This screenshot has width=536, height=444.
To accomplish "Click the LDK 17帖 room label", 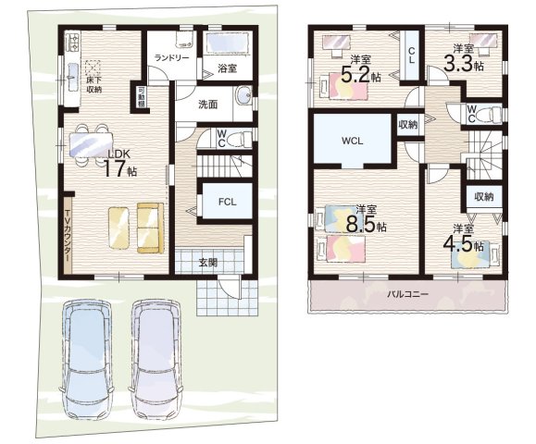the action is [x=119, y=163].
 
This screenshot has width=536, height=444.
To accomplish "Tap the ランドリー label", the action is [x=171, y=57].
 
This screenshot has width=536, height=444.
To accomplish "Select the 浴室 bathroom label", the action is [x=228, y=68].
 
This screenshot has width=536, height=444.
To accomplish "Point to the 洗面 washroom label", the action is [x=208, y=105].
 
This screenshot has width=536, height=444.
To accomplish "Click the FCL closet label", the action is [x=228, y=202].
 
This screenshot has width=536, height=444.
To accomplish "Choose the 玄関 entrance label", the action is [x=208, y=263].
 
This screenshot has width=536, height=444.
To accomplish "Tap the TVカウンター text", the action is [x=68, y=235].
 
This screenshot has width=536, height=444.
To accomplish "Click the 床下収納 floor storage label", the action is [x=94, y=85].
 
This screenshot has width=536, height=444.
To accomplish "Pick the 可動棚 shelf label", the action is [x=141, y=97].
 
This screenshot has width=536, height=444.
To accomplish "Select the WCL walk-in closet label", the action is [x=352, y=141].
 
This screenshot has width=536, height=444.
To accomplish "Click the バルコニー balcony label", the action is [x=407, y=294].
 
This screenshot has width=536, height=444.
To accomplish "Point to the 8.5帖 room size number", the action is [x=367, y=225].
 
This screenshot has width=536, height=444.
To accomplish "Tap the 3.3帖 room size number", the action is [x=464, y=64].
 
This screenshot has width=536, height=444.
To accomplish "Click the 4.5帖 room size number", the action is [x=463, y=244].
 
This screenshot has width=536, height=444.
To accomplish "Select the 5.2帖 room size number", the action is [x=361, y=75].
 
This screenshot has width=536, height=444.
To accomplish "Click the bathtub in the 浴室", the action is [x=228, y=43].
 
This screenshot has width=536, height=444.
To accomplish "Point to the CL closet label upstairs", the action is [x=412, y=55].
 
